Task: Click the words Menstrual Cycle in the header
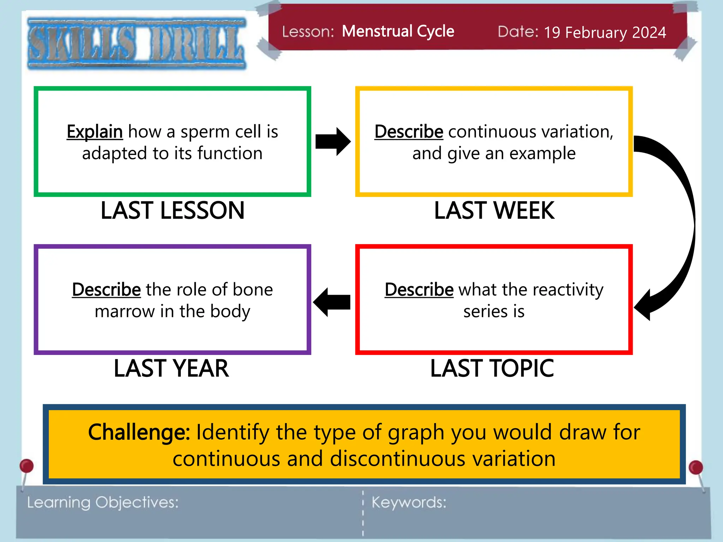point(398,31)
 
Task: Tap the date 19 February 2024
point(605,32)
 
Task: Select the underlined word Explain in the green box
point(95,132)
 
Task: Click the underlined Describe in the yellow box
point(408,132)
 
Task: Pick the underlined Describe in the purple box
point(106,290)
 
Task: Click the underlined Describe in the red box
point(419,290)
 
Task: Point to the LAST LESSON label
point(172,211)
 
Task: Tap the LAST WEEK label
point(494,211)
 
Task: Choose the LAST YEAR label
point(172,369)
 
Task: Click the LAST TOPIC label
point(492,369)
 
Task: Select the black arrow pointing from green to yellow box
point(333,141)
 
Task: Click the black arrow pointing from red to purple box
point(331,302)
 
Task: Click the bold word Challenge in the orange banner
point(139,432)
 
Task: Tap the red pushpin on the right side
point(695,468)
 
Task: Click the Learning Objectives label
point(103,502)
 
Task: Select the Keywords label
point(409,502)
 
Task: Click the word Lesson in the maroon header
point(308,32)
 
